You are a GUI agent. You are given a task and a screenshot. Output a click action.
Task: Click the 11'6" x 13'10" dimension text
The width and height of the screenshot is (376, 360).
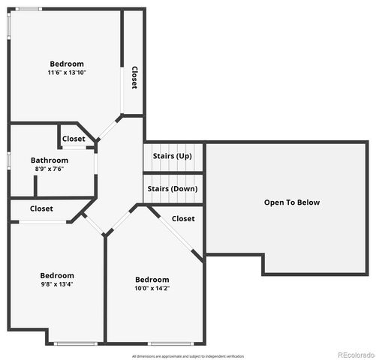tap(67, 73)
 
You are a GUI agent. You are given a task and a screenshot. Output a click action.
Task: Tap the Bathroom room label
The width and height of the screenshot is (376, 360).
tap(50, 160)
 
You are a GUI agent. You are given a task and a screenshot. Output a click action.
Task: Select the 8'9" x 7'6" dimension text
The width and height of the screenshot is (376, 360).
tap(50, 169)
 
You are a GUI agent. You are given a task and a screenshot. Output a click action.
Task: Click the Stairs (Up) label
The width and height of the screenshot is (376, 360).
tap(173, 156)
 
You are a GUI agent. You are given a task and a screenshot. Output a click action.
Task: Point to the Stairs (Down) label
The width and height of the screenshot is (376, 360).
tap(173, 189)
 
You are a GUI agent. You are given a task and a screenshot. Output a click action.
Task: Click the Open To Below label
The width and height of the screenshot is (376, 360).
tap(292, 202)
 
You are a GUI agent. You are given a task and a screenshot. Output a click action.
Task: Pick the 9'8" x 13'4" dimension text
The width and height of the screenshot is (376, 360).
tap(57, 284)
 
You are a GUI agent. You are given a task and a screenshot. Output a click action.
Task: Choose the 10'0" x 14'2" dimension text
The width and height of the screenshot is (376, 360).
tap(152, 288)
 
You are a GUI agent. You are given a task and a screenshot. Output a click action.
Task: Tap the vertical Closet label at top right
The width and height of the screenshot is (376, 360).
tap(134, 78)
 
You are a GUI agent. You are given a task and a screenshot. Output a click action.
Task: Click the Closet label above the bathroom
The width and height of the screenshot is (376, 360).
tap(74, 139)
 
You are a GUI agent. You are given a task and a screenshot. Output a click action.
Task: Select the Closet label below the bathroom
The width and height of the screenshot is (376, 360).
tap(41, 208)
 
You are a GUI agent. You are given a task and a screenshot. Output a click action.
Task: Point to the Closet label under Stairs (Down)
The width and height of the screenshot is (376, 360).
tap(183, 218)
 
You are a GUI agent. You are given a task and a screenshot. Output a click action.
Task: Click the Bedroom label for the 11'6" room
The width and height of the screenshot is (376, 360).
tap(67, 64)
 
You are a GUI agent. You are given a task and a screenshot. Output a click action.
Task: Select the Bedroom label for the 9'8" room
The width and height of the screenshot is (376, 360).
tap(57, 275)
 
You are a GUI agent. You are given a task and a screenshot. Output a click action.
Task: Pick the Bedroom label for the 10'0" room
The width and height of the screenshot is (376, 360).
tap(152, 279)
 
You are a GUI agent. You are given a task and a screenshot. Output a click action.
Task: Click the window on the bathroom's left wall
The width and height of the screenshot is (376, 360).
tap(8, 160)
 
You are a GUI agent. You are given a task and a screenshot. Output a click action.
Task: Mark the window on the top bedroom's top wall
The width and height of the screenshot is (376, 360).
tap(29, 9)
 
